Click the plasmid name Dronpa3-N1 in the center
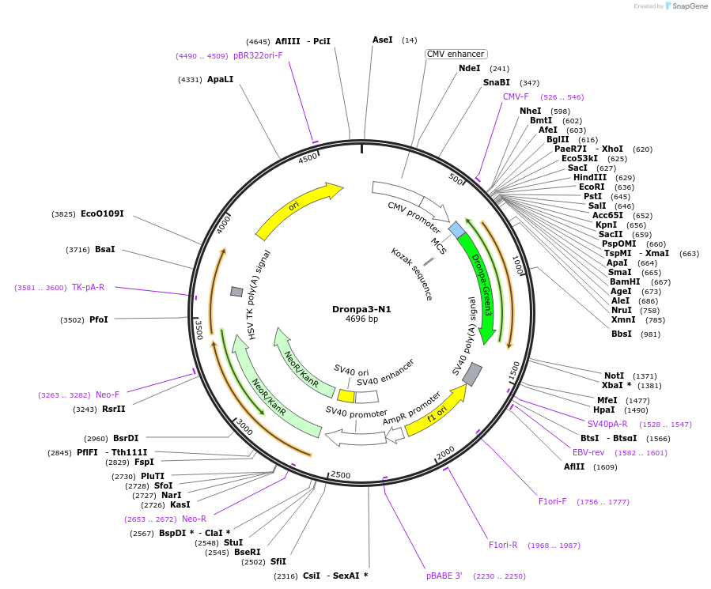click(x=361, y=309)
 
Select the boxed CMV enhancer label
click(x=455, y=54)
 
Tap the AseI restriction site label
click(x=383, y=40)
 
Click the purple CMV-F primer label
click(x=516, y=96)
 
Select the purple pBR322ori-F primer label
click(x=258, y=55)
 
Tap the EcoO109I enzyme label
click(x=102, y=213)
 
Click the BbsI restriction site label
click(x=622, y=334)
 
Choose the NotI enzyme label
click(x=614, y=376)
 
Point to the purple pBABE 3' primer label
click(x=444, y=576)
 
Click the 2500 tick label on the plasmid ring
click(x=340, y=474)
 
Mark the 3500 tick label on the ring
click(x=199, y=330)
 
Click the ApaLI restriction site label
click(x=220, y=79)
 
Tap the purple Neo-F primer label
click(x=108, y=395)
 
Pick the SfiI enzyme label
click(x=278, y=561)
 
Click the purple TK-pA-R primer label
click(x=88, y=287)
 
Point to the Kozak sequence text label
click(x=412, y=274)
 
